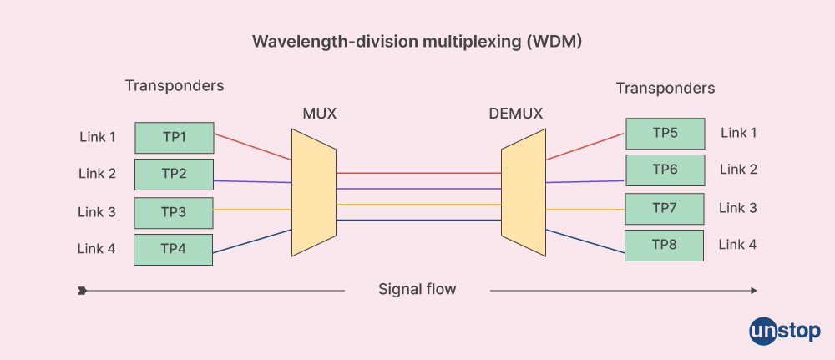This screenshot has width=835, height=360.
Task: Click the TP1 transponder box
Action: (174, 137)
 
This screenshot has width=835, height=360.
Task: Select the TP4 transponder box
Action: (173, 249)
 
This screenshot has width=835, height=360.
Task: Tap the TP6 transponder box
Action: (665, 170)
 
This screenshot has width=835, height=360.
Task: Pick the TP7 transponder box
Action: (665, 208)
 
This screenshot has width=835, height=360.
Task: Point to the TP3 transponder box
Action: (173, 212)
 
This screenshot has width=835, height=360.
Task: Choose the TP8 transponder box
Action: (665, 246)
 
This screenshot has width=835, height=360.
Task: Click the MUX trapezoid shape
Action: (313, 195)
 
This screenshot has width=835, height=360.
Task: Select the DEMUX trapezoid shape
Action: (522, 195)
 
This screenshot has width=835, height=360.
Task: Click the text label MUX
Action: (319, 113)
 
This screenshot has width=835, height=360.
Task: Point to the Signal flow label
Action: (417, 290)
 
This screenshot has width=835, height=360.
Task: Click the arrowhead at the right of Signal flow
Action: (753, 291)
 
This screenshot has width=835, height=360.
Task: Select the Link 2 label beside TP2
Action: (97, 174)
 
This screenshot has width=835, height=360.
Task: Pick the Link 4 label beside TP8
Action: (738, 245)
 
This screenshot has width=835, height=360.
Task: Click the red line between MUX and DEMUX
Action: (417, 173)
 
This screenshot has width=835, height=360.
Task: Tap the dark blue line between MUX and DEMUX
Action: (417, 221)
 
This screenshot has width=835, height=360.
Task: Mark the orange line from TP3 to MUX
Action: (250, 209)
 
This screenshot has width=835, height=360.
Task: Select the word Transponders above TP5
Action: (665, 88)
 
